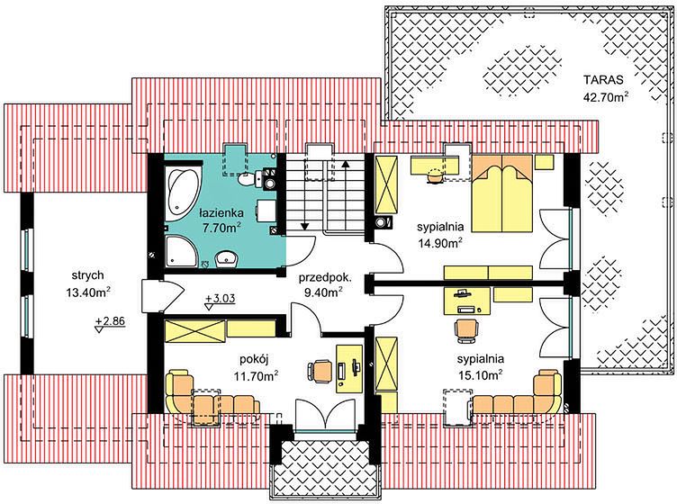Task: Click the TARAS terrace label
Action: [603, 80]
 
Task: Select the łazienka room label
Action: [221, 212]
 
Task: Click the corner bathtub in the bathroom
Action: [182, 191]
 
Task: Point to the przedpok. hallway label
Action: [326, 277]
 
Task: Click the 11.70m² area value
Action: [256, 375]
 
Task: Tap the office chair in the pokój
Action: [320, 370]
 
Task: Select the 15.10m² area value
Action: [480, 375]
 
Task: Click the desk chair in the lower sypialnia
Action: [466, 330]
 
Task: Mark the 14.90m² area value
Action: [440, 243]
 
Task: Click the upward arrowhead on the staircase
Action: [346, 164]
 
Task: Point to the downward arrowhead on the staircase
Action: [305, 225]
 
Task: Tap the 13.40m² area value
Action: [88, 293]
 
